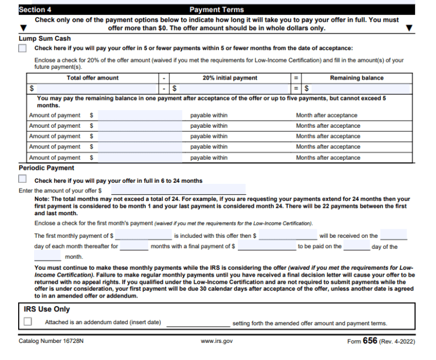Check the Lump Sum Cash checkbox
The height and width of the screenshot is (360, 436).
23,48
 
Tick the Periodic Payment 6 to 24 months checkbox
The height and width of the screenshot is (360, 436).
23,179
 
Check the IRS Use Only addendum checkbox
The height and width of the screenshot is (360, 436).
28,322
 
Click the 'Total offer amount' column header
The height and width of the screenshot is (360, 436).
93,78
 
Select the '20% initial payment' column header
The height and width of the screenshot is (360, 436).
229,78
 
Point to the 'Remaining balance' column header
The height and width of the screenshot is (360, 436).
357,78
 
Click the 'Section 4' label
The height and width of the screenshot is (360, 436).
35,10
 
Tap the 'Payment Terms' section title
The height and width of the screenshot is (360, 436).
216,10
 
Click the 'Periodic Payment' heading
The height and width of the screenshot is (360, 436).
47,168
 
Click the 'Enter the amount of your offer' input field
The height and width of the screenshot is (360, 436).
178,190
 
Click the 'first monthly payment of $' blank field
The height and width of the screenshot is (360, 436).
143,235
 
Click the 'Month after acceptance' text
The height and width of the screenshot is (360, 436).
326,115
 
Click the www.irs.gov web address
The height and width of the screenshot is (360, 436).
217,341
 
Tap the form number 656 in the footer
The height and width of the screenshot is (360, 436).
370,341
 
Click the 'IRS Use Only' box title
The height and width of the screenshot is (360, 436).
47,309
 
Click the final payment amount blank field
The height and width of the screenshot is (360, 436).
266,246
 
